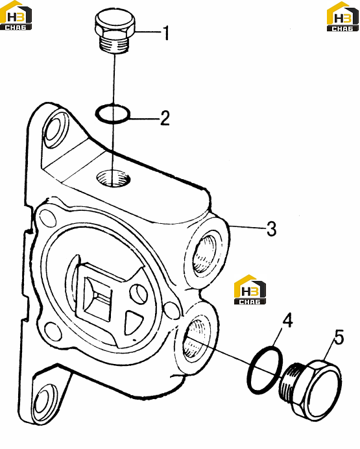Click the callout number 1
point(166,33)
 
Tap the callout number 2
point(165,117)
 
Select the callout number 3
point(272,228)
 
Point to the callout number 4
point(287,320)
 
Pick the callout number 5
point(339,337)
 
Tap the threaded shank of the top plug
point(114,44)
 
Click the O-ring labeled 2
point(112,114)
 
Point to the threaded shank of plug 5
point(289,382)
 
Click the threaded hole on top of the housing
point(114,178)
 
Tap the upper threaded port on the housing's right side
point(204,252)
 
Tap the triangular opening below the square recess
point(133,322)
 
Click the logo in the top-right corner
point(343,16)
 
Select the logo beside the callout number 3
point(250,289)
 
